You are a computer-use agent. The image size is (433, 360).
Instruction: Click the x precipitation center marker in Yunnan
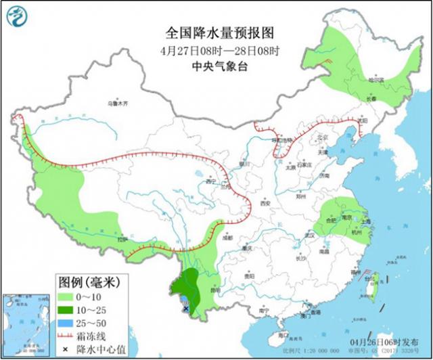(185, 308)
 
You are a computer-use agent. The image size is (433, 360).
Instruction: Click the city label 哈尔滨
(375, 80)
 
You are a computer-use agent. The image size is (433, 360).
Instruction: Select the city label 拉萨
(121, 239)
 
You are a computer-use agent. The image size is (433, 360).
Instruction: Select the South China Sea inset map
(26, 323)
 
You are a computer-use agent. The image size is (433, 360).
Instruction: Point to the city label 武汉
(311, 235)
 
